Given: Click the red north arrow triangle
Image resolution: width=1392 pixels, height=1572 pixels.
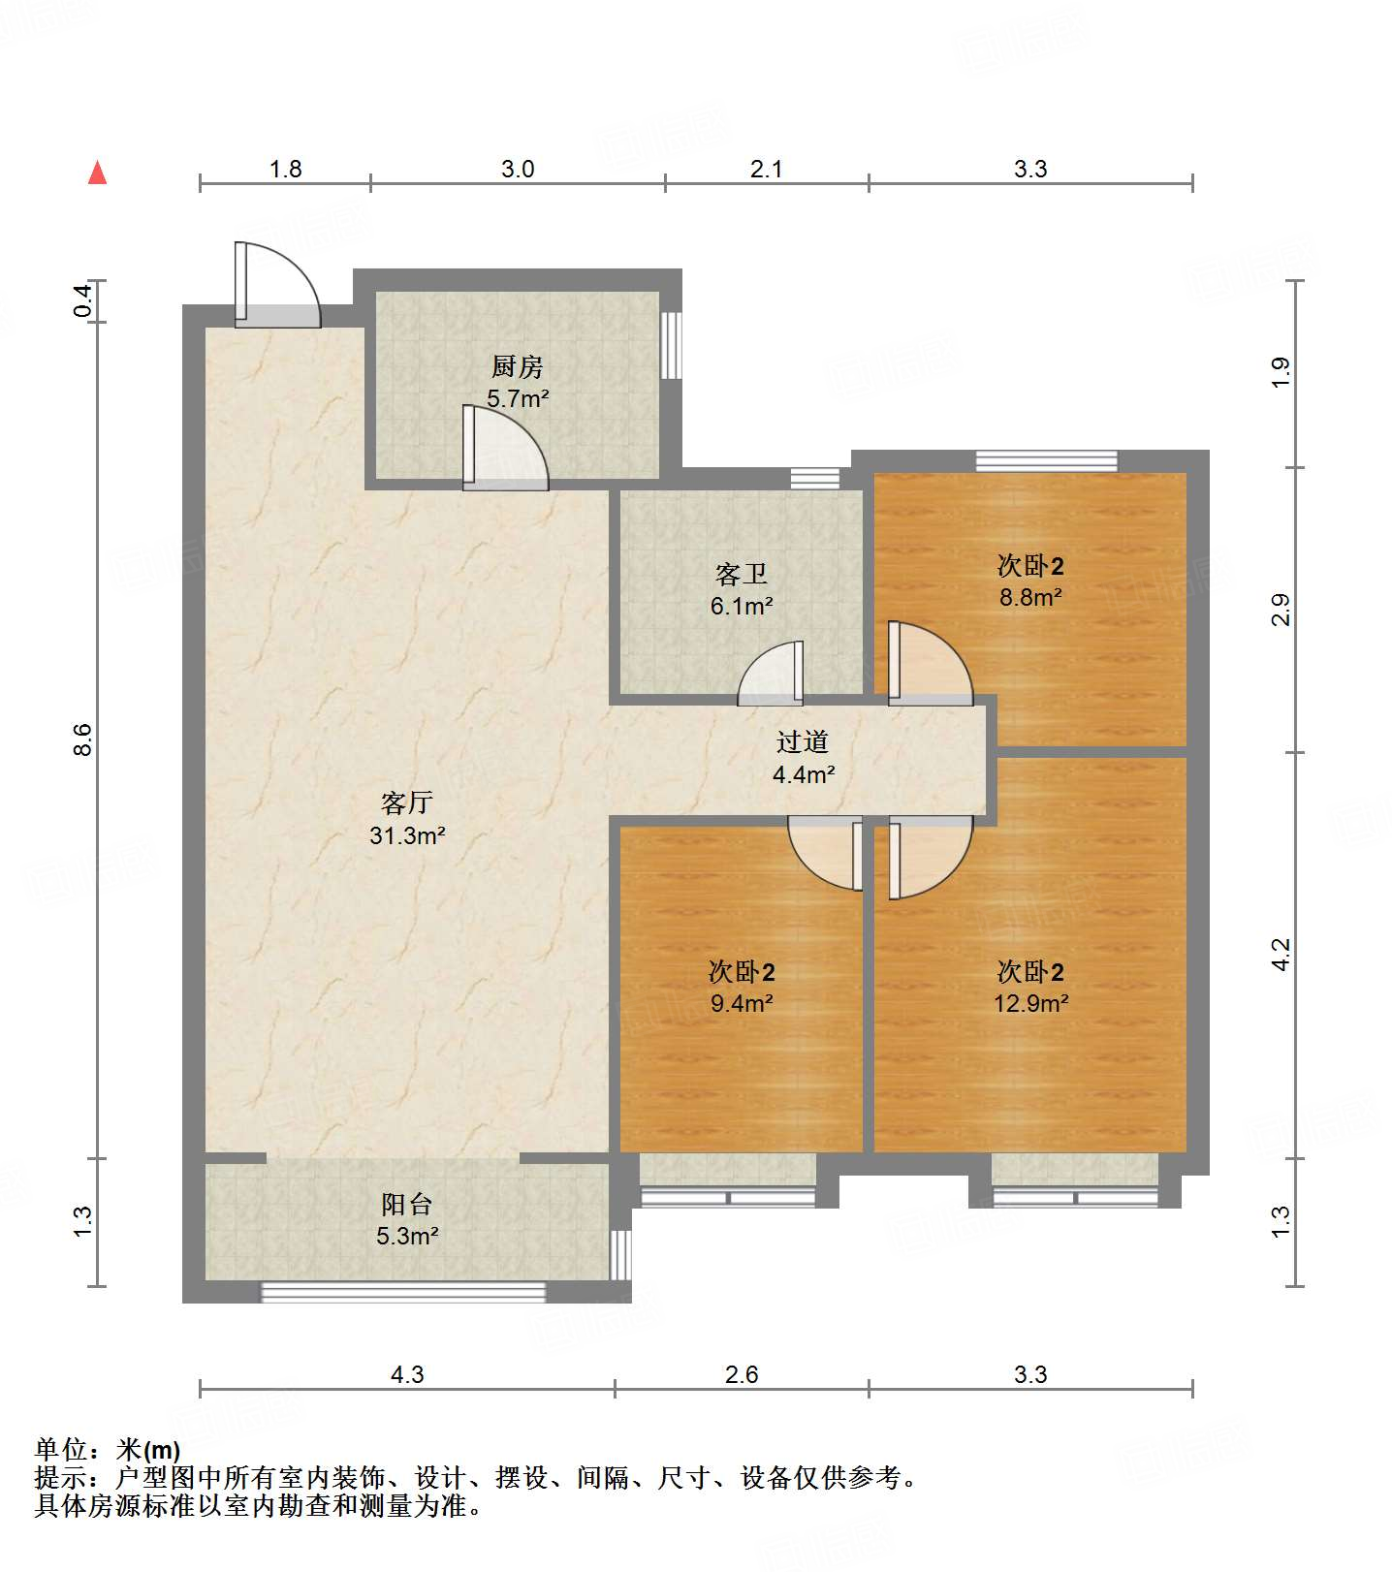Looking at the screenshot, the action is coord(97,173).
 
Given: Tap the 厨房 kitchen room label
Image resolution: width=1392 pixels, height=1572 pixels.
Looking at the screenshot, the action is coord(517,367).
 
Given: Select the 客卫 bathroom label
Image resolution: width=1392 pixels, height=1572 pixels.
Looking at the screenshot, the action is coord(742,575).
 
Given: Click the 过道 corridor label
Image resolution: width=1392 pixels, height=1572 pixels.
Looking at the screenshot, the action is coord(803,742).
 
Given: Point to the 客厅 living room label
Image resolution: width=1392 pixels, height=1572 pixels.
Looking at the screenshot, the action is coord(407,803).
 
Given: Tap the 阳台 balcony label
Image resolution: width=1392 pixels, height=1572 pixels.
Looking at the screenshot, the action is coord(407,1205).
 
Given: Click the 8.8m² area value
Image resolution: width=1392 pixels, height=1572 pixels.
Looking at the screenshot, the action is coord(1031,597).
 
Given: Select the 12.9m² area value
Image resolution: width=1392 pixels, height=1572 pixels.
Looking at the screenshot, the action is coord(1031,1003).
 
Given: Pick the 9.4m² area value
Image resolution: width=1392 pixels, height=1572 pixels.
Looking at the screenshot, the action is coord(742,1003).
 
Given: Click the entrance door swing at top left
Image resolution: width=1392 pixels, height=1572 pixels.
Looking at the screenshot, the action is coord(277,285).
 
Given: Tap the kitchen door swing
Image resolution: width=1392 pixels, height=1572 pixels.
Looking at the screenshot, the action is coord(505,448).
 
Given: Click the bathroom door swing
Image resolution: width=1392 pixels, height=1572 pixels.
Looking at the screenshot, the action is coord(771,673).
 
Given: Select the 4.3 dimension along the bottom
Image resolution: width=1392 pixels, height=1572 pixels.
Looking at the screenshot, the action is coord(407,1374).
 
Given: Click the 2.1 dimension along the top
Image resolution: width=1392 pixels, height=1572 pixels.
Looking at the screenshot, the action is coord(766,170).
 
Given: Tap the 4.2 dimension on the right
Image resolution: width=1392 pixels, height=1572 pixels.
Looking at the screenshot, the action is coord(1281,955).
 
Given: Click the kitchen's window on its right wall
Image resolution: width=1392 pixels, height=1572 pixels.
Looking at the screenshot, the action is coord(671,345).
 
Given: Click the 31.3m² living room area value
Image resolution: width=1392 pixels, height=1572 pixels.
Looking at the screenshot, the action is coord(407,835).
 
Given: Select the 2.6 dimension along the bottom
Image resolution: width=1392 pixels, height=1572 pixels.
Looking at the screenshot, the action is coord(742,1374).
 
